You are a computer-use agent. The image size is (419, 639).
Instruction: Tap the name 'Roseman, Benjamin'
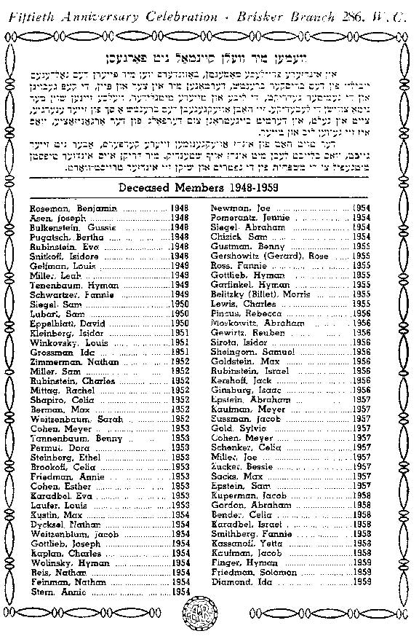click(x=63, y=209)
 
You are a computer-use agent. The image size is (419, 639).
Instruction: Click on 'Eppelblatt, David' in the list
click(x=62, y=323)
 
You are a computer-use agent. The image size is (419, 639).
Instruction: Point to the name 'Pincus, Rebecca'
click(x=238, y=313)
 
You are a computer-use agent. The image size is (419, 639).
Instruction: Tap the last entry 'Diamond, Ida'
click(x=236, y=581)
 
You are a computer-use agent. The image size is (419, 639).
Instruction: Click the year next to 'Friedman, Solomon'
click(x=362, y=572)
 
